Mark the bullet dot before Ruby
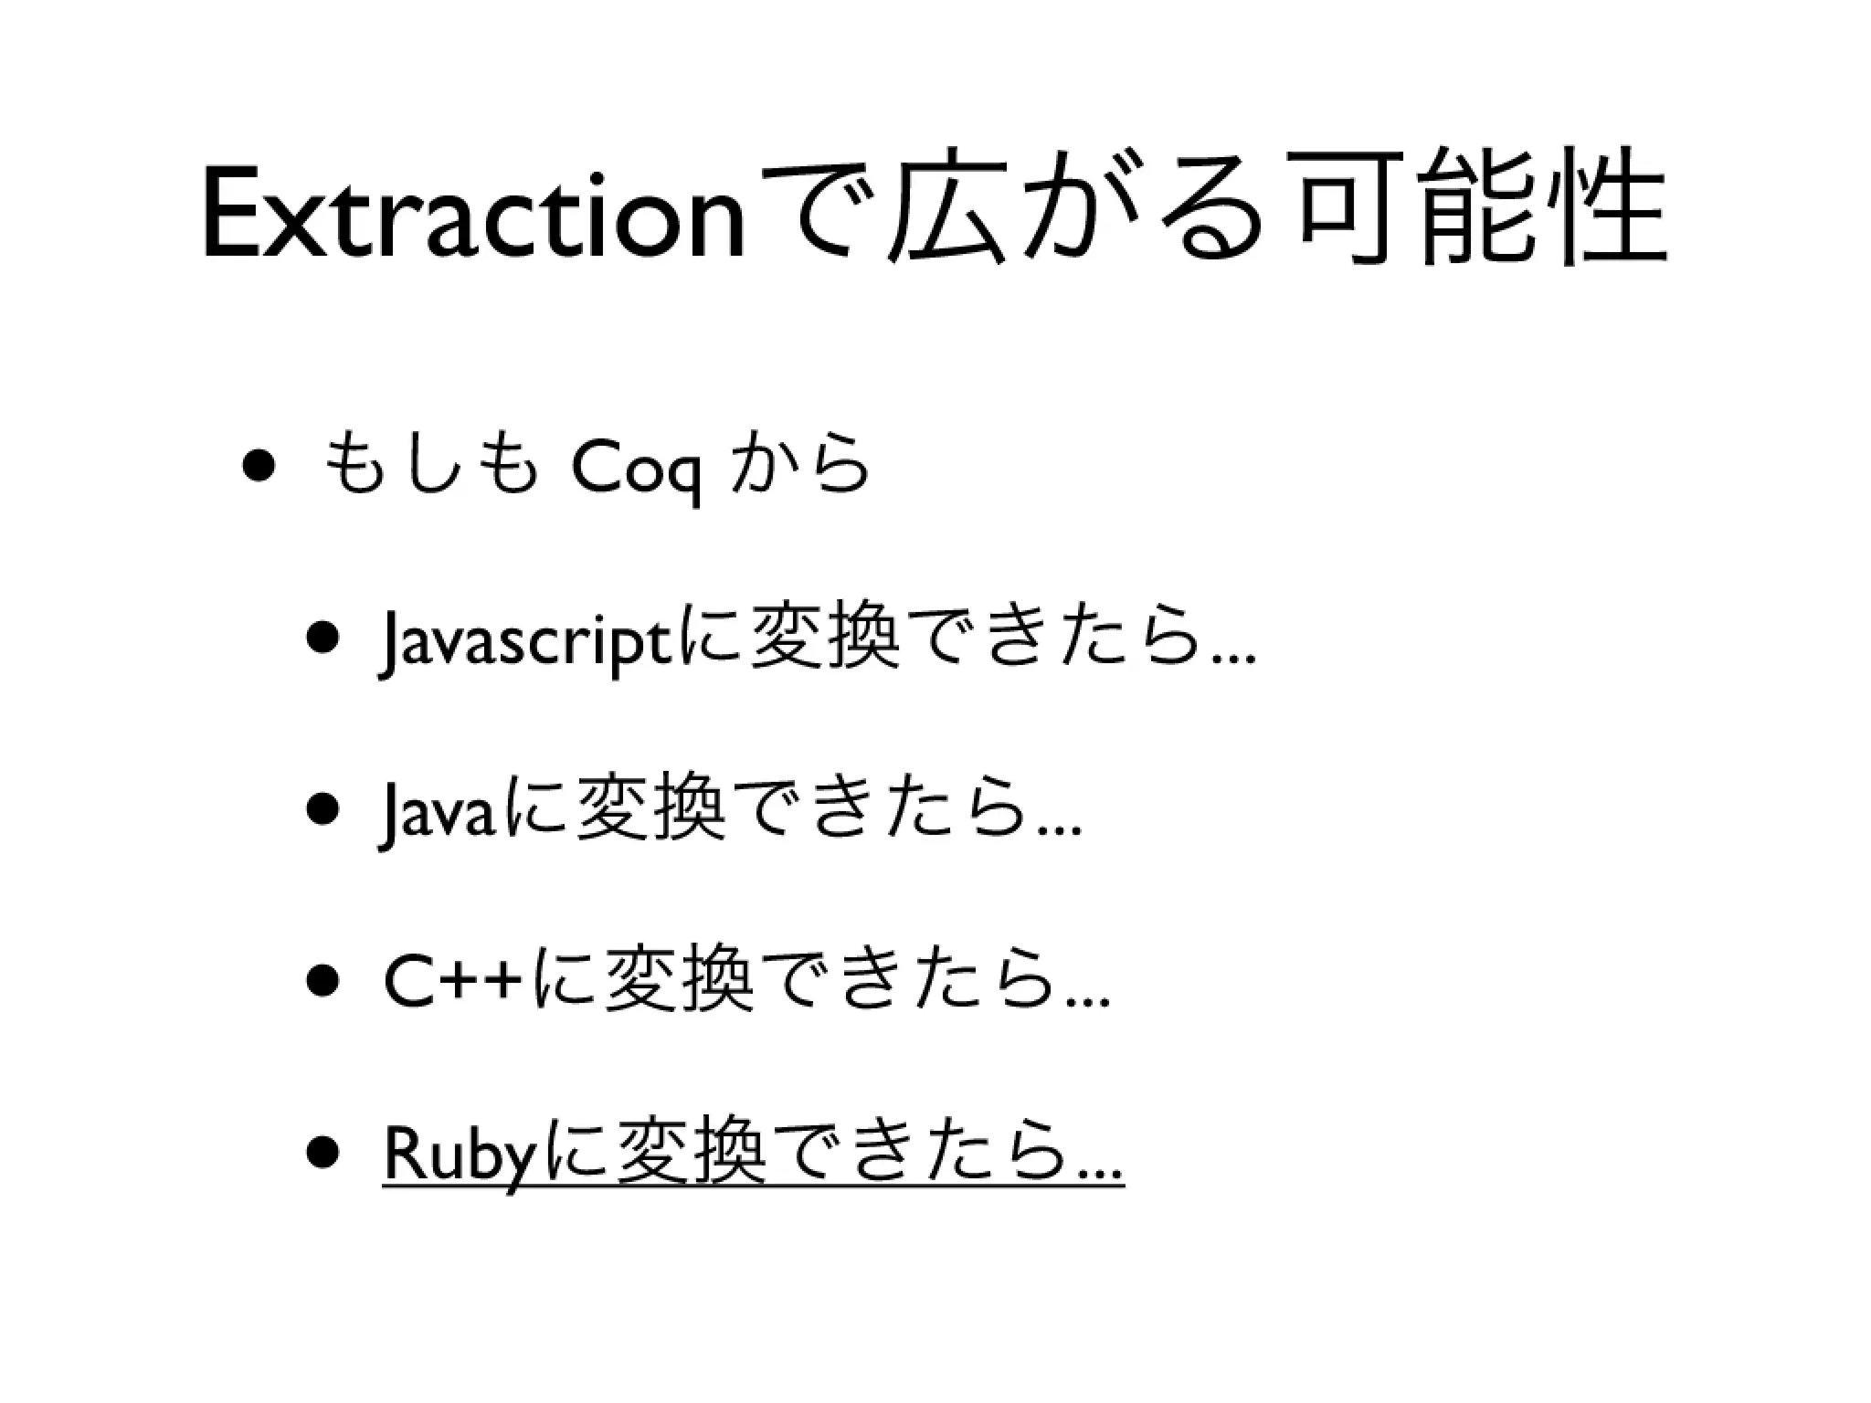click(325, 1155)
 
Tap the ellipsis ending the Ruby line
click(1101, 1175)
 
